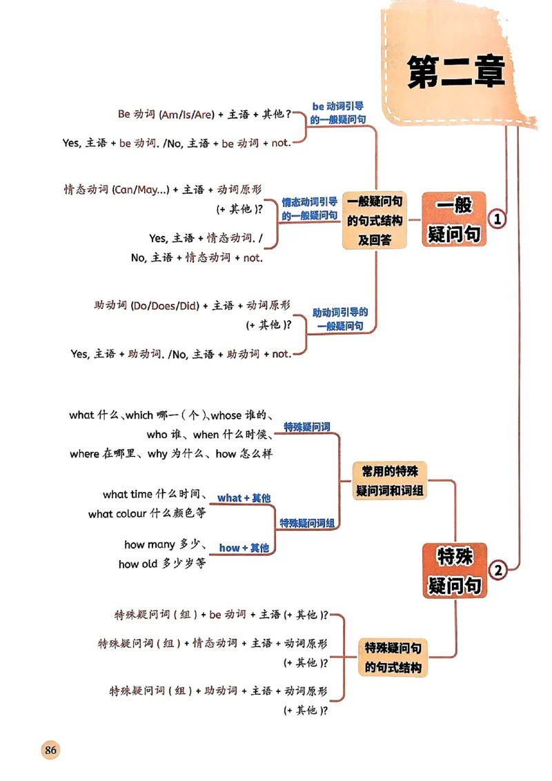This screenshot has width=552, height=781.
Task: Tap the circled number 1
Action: pyautogui.click(x=497, y=219)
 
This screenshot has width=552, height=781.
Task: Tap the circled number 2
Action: pyautogui.click(x=497, y=570)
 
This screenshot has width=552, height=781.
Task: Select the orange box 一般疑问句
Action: pyautogui.click(x=453, y=219)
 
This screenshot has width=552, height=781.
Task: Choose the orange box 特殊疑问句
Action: pyautogui.click(x=453, y=571)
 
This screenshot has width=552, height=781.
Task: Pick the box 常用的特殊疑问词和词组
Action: pyautogui.click(x=390, y=482)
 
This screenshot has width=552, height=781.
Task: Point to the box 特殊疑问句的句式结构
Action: pyautogui.click(x=393, y=658)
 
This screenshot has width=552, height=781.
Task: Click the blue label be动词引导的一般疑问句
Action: pyautogui.click(x=338, y=112)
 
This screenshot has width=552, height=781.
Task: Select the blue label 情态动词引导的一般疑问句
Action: pyautogui.click(x=310, y=208)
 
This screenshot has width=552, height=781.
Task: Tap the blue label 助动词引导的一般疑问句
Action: pyautogui.click(x=339, y=319)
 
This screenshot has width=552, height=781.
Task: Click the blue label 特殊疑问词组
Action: pyautogui.click(x=307, y=524)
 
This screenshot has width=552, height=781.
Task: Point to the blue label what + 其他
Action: pyautogui.click(x=244, y=498)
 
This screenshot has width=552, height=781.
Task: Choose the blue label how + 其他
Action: pyautogui.click(x=244, y=548)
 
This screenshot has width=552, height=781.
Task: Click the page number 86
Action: pyautogui.click(x=50, y=750)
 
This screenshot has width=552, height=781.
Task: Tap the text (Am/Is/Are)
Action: pyautogui.click(x=187, y=115)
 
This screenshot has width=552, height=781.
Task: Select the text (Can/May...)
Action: pyautogui.click(x=141, y=190)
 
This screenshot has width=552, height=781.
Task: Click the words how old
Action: pyautogui.click(x=138, y=564)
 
